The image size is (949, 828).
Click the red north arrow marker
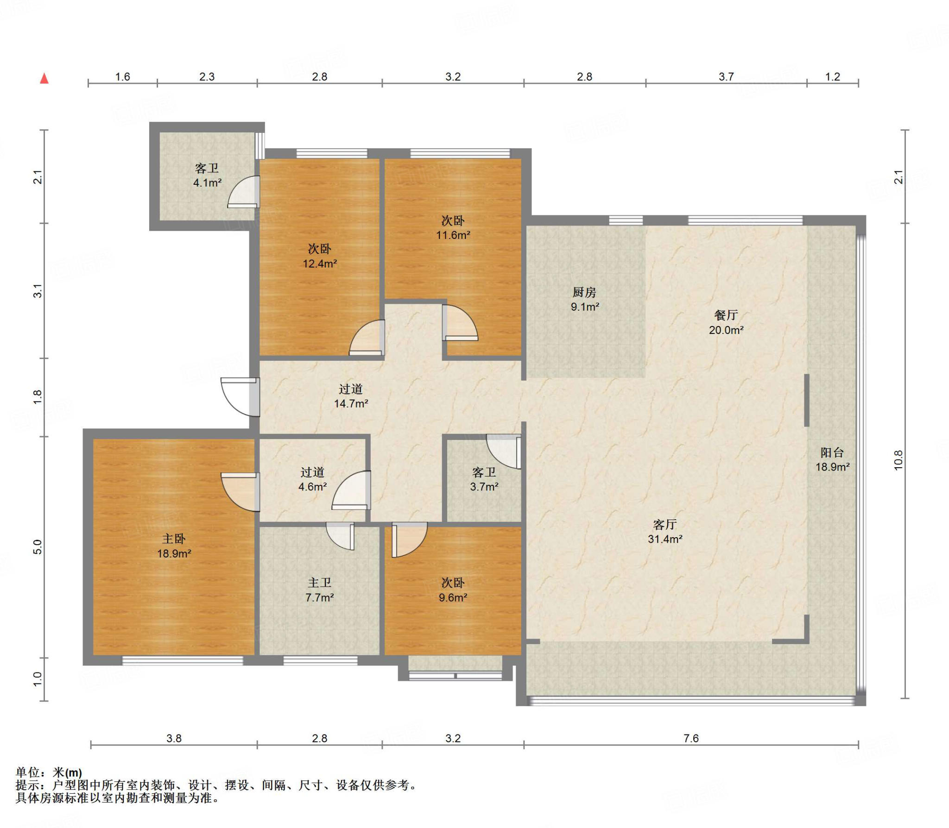44,78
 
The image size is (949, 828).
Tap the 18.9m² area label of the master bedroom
174,553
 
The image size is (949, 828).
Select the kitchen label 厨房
584,292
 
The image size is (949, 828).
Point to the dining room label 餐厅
726,315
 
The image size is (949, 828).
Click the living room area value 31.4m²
665,539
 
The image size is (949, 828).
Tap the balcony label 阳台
832,452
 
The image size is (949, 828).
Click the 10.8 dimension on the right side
898,460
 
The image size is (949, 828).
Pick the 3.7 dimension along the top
726,77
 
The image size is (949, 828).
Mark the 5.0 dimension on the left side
38,547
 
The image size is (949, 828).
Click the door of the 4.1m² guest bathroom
243,192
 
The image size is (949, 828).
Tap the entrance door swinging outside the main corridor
240,397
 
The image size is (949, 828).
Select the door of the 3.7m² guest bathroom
504,452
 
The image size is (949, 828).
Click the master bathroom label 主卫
320,583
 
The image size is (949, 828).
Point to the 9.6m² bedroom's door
409,540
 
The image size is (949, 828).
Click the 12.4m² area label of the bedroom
320,263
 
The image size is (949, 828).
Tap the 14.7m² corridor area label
351,403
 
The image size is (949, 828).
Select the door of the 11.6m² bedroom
460,323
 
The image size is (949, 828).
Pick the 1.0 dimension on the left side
38,679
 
